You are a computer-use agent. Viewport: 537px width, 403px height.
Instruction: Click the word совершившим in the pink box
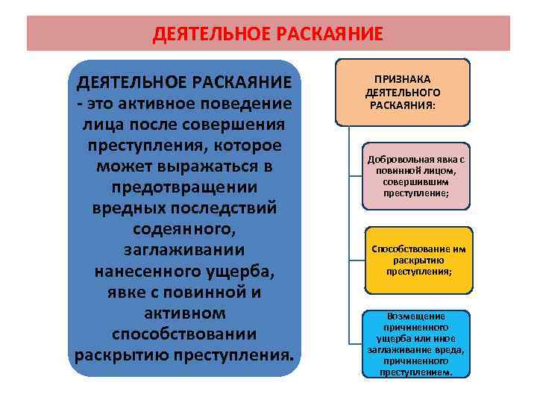pyautogui.click(x=406, y=181)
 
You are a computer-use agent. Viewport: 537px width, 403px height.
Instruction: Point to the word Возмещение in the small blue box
pyautogui.click(x=406, y=316)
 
